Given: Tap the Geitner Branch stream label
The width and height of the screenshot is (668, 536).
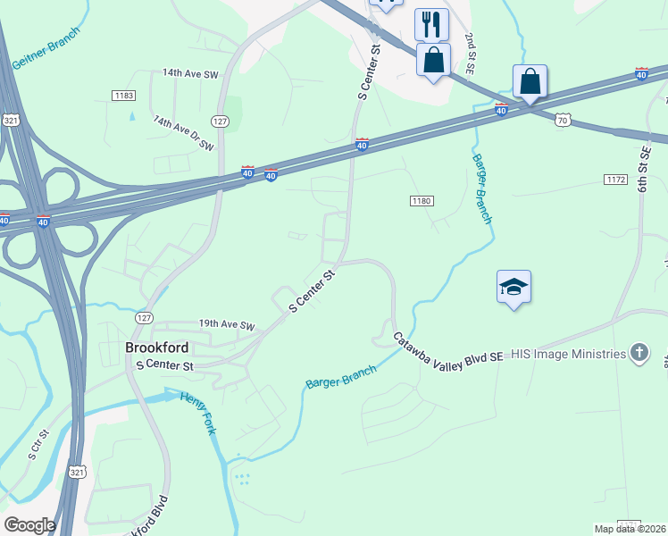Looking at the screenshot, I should click(x=46, y=46).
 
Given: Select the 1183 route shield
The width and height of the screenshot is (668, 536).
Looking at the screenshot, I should click(x=123, y=95).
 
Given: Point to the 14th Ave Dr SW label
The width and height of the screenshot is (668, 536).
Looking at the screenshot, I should click(x=184, y=132).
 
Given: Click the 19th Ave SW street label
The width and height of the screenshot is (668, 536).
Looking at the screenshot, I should click(x=227, y=325).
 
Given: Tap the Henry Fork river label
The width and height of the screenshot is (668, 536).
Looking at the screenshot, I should click(x=204, y=413).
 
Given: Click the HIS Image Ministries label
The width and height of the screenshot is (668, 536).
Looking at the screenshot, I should click(x=569, y=354).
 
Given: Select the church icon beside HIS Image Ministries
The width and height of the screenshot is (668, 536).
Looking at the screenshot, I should click(x=639, y=353).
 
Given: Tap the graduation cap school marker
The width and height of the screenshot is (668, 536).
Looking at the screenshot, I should click(x=514, y=287).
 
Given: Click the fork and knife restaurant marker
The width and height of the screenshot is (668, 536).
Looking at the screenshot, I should click(x=432, y=23).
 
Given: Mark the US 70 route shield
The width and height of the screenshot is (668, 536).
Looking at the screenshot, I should click(x=561, y=118).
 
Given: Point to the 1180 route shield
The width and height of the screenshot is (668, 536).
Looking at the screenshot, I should click(x=422, y=201).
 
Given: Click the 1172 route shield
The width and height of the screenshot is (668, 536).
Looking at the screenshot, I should click(x=615, y=180).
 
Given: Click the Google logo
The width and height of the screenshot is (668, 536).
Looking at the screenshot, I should click(x=29, y=524).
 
